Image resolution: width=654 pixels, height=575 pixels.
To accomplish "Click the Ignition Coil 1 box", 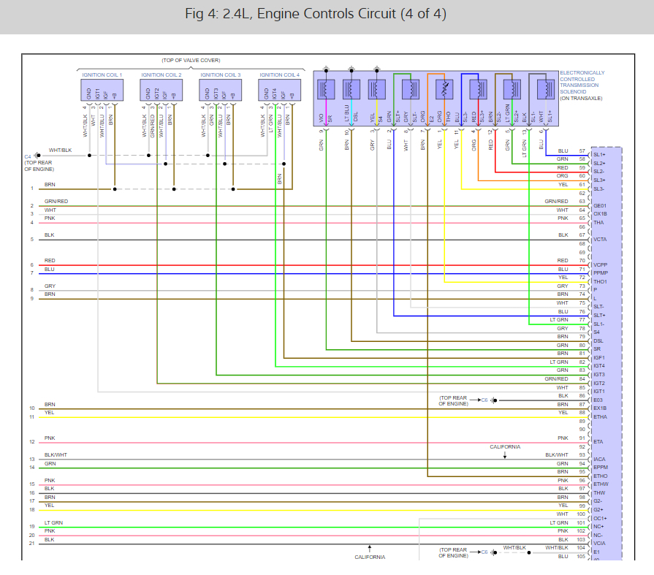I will [102, 90].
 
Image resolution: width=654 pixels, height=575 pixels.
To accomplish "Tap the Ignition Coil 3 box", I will [221, 90].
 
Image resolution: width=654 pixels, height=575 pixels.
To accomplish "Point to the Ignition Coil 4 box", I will [280, 90].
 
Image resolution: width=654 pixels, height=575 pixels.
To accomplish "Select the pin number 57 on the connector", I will [582, 151].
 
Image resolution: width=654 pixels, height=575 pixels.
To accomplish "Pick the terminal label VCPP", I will [600, 265].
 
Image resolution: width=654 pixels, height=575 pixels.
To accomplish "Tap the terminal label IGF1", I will [599, 357].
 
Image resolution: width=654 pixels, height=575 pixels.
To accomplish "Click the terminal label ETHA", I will [600, 416].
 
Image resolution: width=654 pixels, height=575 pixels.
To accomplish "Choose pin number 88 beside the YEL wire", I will [582, 413].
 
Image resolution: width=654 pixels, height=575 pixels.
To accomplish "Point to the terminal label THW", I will [598, 492].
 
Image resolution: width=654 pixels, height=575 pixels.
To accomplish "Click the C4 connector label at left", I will [28, 156].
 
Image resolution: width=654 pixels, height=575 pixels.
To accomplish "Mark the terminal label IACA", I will [600, 459].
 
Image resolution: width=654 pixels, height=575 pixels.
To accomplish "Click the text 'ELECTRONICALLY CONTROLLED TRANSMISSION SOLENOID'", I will [582, 85].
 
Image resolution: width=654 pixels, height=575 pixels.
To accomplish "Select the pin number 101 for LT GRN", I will [582, 522].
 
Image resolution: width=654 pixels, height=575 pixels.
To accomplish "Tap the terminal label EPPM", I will [601, 467].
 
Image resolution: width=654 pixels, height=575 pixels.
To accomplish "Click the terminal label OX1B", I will [601, 214].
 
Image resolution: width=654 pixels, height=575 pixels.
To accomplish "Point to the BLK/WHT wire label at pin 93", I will [556, 454].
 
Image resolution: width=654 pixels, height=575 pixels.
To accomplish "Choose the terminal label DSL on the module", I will [598, 340].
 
